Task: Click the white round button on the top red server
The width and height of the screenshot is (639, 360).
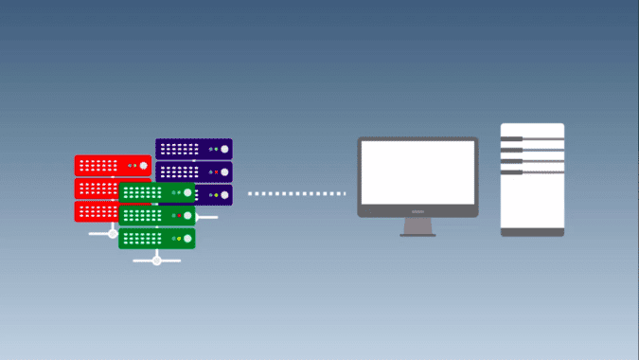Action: point(144,166)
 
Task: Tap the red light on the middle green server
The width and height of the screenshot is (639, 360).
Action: point(179,216)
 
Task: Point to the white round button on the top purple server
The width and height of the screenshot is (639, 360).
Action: point(224,149)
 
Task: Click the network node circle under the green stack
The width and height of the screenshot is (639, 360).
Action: point(157,260)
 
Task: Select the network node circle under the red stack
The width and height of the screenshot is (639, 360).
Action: point(113,233)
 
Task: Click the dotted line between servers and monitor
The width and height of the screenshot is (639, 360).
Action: point(295,194)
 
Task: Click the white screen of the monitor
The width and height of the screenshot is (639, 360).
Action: point(417,172)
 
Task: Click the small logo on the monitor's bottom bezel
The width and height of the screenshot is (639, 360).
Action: point(417,212)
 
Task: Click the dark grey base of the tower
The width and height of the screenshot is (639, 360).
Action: point(532,231)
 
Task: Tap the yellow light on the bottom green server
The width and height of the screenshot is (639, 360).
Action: point(179,238)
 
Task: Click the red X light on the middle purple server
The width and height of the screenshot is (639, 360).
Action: point(216,172)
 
